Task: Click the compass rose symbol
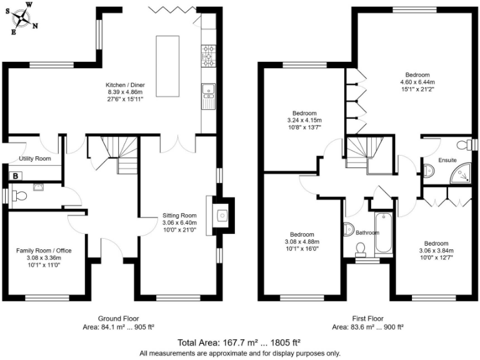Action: (x=24, y=19)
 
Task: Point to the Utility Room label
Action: (x=34, y=159)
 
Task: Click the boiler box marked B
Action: (x=15, y=177)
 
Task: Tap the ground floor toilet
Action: (x=19, y=196)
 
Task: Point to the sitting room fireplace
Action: (x=222, y=216)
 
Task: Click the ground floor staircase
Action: (x=112, y=154)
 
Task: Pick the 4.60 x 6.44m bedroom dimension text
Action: (x=416, y=81)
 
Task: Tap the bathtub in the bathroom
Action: (x=382, y=233)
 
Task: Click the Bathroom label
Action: (x=367, y=232)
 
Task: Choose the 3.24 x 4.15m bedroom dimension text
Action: (x=304, y=120)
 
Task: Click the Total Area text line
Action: (x=239, y=342)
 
